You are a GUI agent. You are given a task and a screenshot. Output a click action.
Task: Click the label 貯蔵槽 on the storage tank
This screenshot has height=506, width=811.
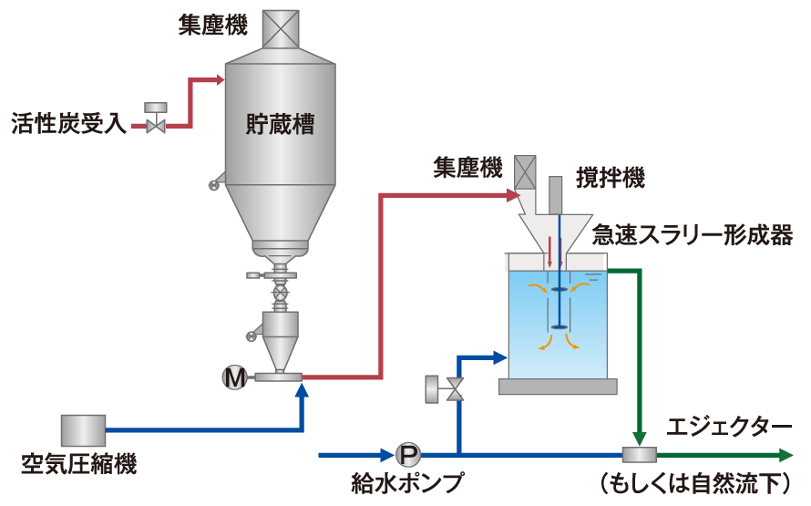280,125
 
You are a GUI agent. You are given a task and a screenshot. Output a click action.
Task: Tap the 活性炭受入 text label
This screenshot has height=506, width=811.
67,124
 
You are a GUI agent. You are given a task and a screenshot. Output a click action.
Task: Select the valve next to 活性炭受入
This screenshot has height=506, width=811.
157,121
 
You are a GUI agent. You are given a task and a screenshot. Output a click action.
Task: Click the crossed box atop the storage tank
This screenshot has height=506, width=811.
280,27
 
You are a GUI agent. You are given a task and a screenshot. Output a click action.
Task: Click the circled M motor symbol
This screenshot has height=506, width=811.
234,376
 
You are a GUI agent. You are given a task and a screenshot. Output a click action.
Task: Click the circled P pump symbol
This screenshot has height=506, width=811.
407,453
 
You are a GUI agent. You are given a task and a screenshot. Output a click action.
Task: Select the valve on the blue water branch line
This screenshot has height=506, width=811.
454,389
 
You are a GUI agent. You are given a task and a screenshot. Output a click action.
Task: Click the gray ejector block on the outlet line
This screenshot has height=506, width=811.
639,454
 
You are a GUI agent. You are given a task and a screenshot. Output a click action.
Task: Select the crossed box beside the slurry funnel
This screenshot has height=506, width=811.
525,170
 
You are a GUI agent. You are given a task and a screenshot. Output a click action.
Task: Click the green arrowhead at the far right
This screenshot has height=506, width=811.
785,454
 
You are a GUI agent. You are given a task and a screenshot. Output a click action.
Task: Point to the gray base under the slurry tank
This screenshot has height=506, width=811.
559,387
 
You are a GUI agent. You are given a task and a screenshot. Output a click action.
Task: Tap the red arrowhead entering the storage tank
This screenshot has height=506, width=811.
219,80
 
